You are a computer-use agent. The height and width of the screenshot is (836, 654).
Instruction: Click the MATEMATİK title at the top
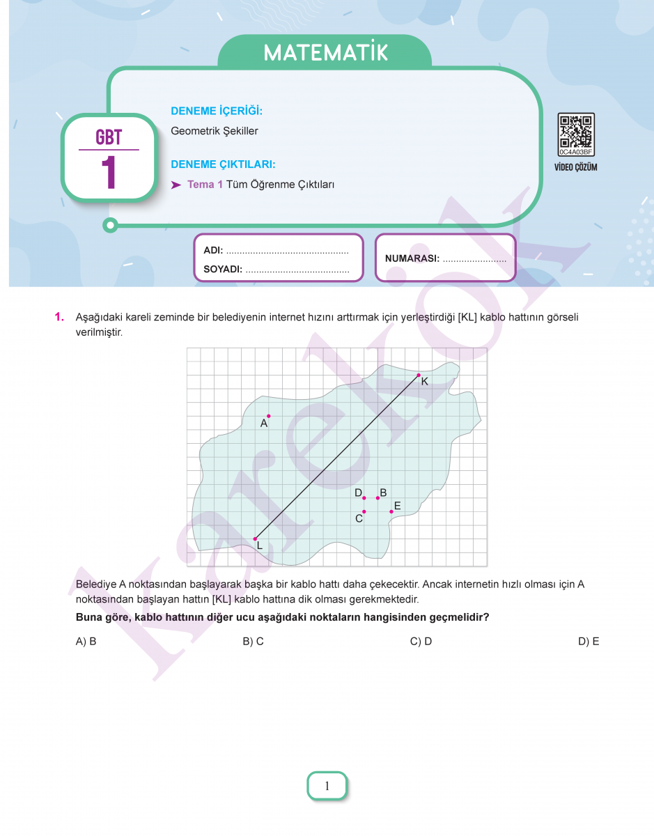coord(325,53)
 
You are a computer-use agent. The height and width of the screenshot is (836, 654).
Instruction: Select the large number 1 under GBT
coord(108,173)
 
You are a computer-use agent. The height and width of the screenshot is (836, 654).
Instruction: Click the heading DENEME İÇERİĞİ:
coord(216,111)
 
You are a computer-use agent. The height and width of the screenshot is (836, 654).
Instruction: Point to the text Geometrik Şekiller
coord(215,131)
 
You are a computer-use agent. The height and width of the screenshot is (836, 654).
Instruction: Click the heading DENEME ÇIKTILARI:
coord(223,165)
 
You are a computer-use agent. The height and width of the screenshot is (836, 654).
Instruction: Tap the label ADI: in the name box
coord(212,251)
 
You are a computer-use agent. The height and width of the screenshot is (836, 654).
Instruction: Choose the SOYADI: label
coord(222,269)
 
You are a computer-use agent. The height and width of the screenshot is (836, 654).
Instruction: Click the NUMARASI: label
coord(412,258)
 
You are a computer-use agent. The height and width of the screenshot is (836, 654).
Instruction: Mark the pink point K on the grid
coord(419,376)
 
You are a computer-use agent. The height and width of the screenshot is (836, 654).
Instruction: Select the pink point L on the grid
coord(255,539)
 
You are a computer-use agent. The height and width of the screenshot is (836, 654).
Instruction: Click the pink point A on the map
coord(268,416)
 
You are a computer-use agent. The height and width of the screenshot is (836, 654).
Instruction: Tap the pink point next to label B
coord(377,497)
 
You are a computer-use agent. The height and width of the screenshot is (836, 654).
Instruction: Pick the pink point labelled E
coord(391,511)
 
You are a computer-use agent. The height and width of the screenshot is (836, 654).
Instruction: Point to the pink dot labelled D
coord(364,497)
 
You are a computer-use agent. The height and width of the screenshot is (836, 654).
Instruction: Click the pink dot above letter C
coord(364,511)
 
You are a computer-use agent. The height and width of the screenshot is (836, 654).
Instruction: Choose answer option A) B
coord(86,642)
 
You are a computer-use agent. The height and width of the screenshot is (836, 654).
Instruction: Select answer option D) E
coord(589,642)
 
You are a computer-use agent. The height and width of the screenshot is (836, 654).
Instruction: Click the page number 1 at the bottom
coord(327,787)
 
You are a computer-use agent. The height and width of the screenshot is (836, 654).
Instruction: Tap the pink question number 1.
coord(59,317)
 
